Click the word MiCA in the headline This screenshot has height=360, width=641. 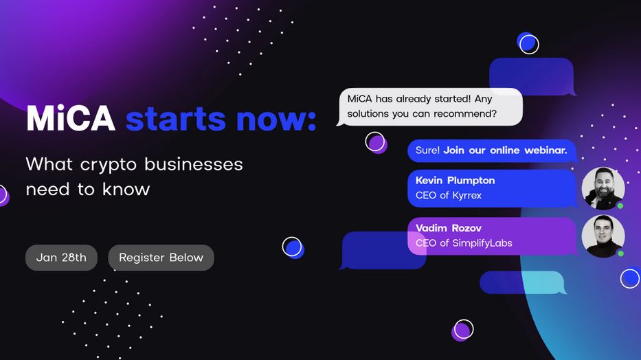coord(71,118)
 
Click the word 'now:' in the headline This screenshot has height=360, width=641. coord(276,120)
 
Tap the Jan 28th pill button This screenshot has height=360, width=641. coord(61,258)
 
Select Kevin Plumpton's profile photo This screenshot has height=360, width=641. coord(603,188)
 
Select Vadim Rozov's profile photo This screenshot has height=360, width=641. coord(603,236)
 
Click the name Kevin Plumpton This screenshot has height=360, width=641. coord(455,181)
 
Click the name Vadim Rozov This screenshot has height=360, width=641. coord(449,228)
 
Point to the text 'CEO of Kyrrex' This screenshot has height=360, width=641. coord(449,195)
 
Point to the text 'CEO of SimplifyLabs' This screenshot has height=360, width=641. coord(464,243)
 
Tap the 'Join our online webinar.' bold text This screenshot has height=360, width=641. coord(505,150)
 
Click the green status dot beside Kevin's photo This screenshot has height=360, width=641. coord(620,206)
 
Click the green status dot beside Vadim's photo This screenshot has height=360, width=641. coord(620,254)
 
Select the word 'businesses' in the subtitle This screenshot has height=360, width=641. coord(194,164)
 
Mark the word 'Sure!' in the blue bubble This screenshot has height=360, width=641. coord(427,150)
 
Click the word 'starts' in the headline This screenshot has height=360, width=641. coord(176,120)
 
